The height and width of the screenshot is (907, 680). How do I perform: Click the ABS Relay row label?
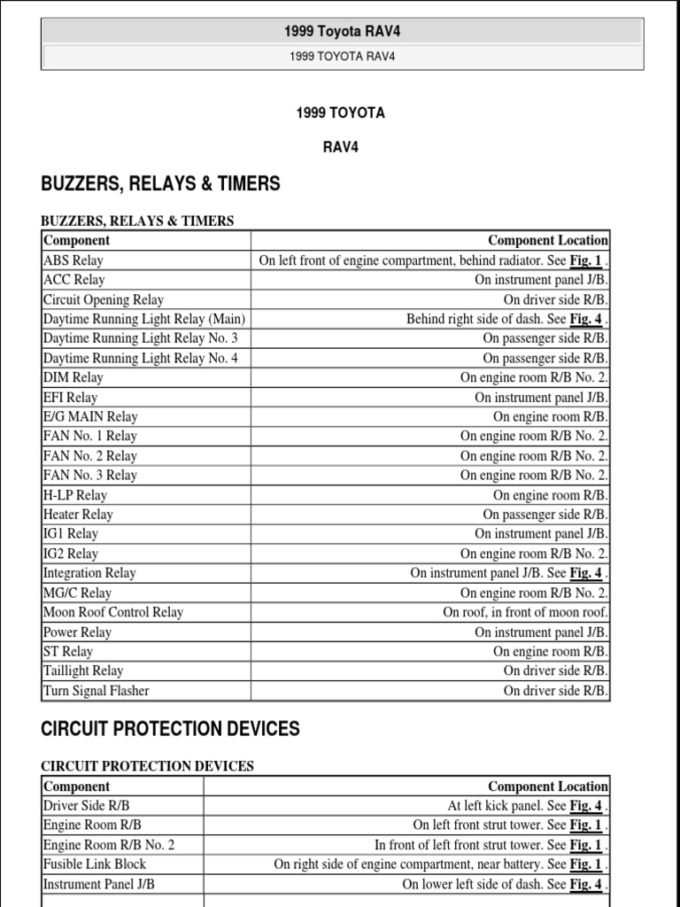point(73,260)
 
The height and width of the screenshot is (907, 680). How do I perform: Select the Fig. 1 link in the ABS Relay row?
point(585,260)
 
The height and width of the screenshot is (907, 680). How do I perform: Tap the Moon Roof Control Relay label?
point(113,612)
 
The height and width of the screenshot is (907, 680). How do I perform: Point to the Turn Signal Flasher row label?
point(97,691)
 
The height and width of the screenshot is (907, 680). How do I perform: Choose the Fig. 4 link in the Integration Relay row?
point(585,573)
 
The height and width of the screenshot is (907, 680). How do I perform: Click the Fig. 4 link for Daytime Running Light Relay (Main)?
point(585,319)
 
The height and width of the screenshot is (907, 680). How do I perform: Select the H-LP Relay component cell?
point(75,495)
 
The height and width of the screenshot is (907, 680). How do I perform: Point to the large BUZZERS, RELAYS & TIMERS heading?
point(161,184)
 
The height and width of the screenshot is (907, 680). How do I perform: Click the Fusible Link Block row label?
point(95,864)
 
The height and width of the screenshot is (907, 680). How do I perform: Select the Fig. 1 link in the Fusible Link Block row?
point(585,864)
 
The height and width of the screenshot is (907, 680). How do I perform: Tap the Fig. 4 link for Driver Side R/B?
point(585,806)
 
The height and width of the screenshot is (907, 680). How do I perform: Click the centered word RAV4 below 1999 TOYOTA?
point(340,147)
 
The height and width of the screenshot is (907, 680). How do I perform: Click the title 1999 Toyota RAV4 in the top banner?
point(342,32)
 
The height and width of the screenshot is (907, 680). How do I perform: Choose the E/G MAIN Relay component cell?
point(90,416)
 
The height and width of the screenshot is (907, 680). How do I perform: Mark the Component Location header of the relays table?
point(548,240)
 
